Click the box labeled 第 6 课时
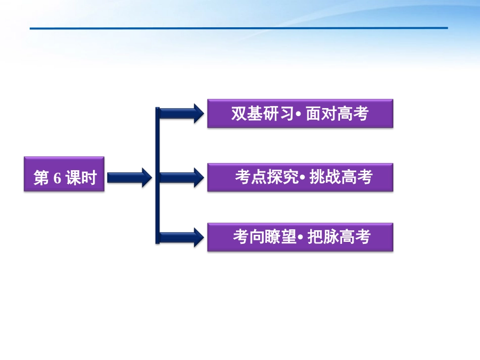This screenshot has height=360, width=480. [64, 174]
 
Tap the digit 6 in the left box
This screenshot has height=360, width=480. [56, 178]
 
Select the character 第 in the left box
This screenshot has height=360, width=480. [41, 178]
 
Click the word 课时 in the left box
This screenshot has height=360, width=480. [80, 178]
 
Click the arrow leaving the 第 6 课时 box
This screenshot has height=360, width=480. [129, 177]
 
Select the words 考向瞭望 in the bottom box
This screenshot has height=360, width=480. [264, 237]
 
